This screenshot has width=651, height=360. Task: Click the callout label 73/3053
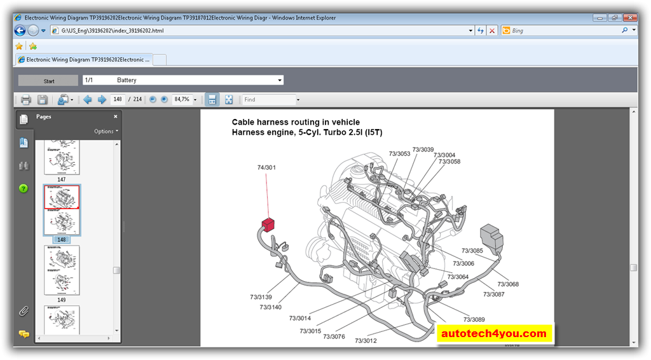pos(399,154)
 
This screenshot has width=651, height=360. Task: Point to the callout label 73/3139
pos(261,297)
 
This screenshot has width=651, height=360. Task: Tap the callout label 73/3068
pos(508,284)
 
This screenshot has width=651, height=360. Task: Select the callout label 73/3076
pos(334,336)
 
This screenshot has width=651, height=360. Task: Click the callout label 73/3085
pos(472,251)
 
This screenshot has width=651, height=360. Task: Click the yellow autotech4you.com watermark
pos(494,333)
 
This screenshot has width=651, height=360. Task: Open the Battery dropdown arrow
pos(280,80)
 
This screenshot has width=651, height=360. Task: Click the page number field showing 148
pos(118,99)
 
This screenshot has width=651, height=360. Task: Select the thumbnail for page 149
pos(62,270)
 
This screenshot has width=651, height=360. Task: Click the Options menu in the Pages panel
pos(106,131)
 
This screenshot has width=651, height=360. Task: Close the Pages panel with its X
pos(115,116)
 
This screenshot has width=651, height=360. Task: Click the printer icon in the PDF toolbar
pos(26,99)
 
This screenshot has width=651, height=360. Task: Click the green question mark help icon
pos(24,188)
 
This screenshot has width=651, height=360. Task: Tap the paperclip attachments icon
pos(24,311)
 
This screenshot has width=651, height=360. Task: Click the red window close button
pos(630,18)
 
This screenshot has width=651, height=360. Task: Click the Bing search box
pos(563,31)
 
